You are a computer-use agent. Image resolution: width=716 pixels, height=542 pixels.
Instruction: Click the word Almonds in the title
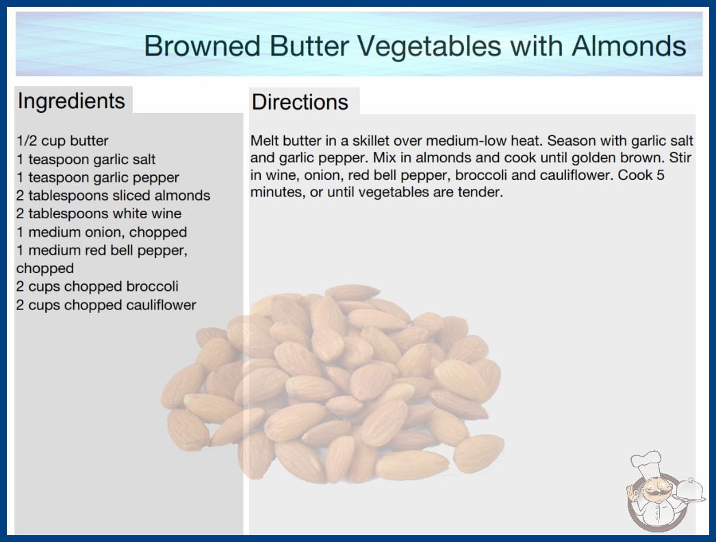pyautogui.click(x=629, y=46)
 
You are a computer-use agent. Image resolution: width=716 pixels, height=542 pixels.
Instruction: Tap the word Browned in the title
pyautogui.click(x=203, y=46)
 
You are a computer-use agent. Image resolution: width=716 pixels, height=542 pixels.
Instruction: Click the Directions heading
pyautogui.click(x=300, y=102)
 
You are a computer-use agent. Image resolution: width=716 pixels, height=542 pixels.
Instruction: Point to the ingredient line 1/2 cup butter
pyautogui.click(x=62, y=141)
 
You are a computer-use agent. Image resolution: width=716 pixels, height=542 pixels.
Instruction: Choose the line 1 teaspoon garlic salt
pyautogui.click(x=86, y=159)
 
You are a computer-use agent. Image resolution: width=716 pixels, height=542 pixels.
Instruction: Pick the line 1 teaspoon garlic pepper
pyautogui.click(x=98, y=178)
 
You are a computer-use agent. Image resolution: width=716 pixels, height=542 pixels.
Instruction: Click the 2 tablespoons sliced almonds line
pyautogui.click(x=113, y=196)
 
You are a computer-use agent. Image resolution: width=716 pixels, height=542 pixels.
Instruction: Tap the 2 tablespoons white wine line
pyautogui.click(x=99, y=214)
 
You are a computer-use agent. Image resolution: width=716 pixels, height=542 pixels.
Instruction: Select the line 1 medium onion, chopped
pyautogui.click(x=102, y=233)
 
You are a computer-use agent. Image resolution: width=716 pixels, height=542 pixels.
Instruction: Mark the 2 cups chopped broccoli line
pyautogui.click(x=97, y=287)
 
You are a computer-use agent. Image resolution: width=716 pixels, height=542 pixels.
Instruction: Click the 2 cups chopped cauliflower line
pyautogui.click(x=106, y=305)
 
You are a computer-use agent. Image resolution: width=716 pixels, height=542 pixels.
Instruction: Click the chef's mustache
pyautogui.click(x=653, y=493)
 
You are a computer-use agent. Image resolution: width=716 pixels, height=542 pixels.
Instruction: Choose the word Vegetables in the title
pyautogui.click(x=429, y=46)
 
